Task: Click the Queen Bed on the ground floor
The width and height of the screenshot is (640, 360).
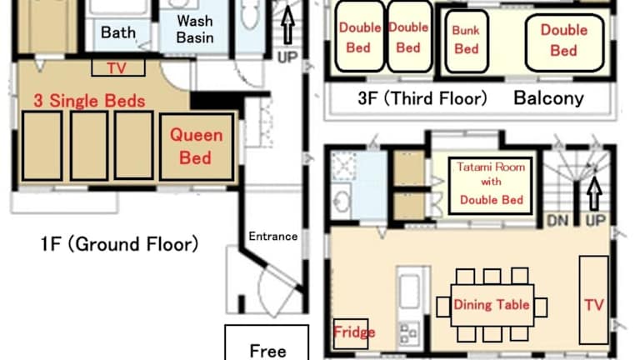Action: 197,147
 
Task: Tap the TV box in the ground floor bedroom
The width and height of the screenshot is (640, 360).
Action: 118,67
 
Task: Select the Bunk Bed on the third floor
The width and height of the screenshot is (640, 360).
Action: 467,41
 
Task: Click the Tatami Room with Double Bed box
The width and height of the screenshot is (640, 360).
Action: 491,185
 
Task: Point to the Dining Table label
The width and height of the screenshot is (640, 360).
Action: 492,304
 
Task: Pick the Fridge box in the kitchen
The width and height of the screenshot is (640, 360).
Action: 351,333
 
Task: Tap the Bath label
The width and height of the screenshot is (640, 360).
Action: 118,32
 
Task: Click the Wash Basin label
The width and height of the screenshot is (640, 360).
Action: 195,29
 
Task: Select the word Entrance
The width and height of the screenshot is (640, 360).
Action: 273,237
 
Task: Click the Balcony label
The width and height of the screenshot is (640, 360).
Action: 548,98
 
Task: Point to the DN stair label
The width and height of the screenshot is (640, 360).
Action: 557,221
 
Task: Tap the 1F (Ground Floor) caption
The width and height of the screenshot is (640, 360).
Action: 119,244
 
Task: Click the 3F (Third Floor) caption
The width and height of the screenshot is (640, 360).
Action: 422,98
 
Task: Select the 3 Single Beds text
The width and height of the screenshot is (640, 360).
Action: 89,101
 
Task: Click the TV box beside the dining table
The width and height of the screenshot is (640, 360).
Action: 594,300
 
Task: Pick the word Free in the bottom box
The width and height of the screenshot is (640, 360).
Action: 267,351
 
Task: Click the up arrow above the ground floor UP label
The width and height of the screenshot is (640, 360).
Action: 288,25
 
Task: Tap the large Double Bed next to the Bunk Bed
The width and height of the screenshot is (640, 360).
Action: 564,42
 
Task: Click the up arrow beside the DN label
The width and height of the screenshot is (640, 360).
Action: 595,193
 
